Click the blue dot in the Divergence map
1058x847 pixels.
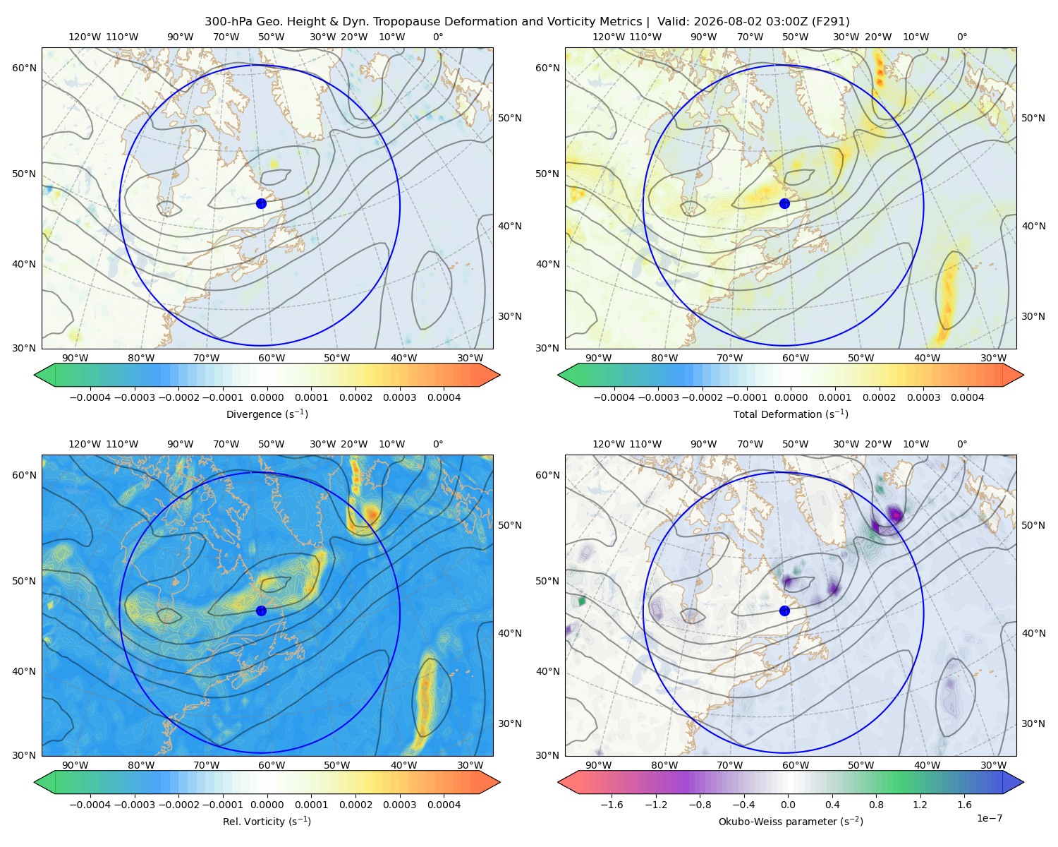(x=261, y=204)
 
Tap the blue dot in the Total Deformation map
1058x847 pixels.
(x=784, y=204)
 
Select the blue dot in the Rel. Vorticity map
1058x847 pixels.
(x=261, y=611)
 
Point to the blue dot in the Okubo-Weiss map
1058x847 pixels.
(x=784, y=611)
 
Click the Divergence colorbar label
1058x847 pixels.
(x=267, y=414)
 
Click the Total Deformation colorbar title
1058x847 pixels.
(x=791, y=414)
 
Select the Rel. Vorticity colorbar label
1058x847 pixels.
(x=267, y=822)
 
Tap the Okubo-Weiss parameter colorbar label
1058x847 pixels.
(x=791, y=822)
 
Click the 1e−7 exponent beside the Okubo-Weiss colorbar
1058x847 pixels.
(x=989, y=818)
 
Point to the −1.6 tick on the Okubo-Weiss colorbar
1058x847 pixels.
(x=612, y=805)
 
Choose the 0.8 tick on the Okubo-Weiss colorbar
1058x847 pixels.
(x=876, y=805)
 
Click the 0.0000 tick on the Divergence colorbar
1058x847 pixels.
(x=267, y=397)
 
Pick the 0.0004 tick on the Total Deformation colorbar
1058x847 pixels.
(x=967, y=397)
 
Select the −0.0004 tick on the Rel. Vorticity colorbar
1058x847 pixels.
(x=90, y=805)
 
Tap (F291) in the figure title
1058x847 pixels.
(x=830, y=22)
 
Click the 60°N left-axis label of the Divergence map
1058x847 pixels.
(x=24, y=68)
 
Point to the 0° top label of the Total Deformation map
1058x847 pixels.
(x=961, y=37)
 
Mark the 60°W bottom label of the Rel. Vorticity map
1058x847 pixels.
(x=272, y=765)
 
